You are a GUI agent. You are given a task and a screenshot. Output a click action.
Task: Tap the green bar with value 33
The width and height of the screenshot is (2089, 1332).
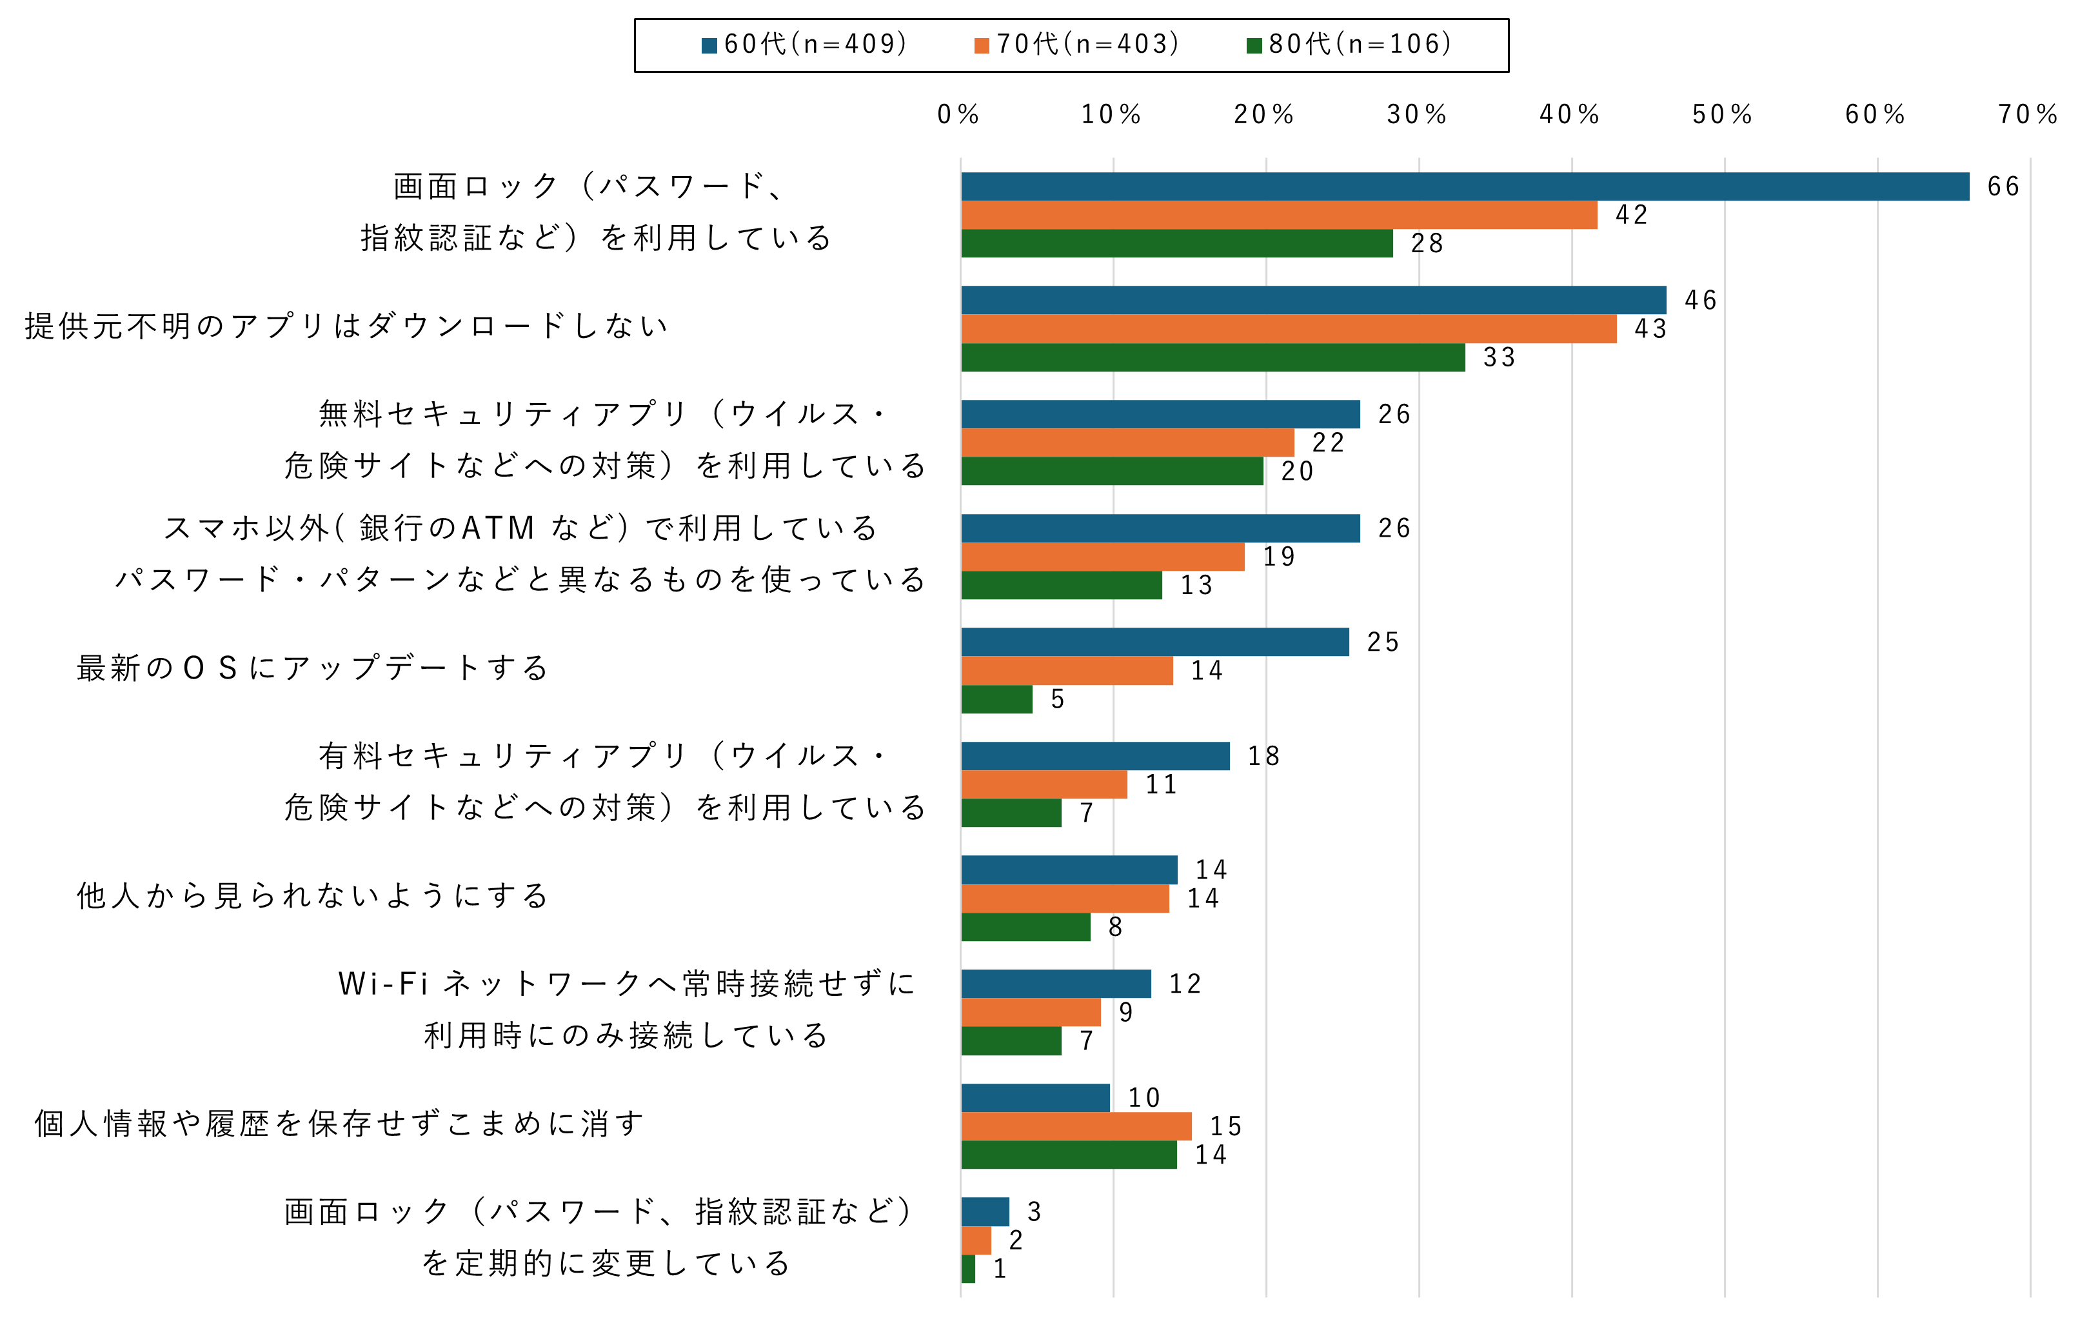coord(1213,357)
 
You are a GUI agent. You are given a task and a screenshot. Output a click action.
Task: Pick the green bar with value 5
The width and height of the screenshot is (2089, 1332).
coord(997,699)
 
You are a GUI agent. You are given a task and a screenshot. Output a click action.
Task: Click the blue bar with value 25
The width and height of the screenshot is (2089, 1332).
coord(1154,642)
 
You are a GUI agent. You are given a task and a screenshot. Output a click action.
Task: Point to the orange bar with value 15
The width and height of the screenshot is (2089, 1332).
coord(1076,1126)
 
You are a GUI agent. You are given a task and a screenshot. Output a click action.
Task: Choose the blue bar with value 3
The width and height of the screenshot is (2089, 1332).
coord(985,1211)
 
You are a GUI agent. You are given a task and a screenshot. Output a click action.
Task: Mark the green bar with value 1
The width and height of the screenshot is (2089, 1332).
coord(968,1269)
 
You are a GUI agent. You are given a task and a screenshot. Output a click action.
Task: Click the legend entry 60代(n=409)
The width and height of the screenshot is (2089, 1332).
coord(805,45)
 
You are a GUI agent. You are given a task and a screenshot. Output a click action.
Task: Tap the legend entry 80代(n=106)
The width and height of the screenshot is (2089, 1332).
coord(1350,45)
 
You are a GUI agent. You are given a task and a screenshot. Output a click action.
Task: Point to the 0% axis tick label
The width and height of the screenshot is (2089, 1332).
coord(958,115)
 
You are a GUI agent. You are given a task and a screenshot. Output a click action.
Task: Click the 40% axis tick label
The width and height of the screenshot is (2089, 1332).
coord(1569,115)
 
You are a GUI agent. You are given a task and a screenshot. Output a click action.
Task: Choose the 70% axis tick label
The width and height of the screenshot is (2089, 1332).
coord(2027,115)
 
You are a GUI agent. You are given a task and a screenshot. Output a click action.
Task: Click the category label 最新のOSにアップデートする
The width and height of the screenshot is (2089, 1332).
coord(312,668)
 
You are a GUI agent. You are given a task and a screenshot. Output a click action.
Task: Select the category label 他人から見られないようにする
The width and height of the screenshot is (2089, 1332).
coord(312,895)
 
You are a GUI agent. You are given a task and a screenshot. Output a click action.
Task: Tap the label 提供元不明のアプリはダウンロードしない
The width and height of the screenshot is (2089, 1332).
coord(347,326)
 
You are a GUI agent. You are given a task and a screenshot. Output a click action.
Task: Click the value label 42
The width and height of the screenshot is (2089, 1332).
coord(1631,215)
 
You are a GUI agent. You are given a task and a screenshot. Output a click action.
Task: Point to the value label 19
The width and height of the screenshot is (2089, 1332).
coord(1279,557)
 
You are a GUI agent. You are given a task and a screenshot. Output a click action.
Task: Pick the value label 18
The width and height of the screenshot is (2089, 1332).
coord(1263,757)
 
